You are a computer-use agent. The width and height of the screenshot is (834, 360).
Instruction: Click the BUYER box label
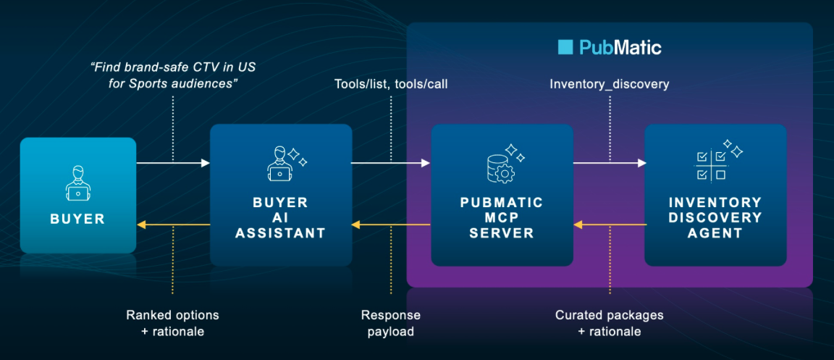[77, 219]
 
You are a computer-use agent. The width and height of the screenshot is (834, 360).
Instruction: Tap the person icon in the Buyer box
[77, 183]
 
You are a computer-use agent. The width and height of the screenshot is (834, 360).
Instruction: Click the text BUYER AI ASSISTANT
[281, 217]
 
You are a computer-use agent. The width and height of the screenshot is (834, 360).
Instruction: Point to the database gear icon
[500, 166]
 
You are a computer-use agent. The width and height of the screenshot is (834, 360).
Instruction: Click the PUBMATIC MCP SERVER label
[502, 217]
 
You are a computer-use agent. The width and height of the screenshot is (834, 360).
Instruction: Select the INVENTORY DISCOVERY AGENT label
[715, 217]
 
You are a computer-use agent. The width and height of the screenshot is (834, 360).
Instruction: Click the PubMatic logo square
[565, 48]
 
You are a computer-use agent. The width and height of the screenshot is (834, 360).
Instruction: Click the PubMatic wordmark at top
[620, 48]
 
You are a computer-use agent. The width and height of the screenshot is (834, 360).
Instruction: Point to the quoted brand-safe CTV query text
[173, 75]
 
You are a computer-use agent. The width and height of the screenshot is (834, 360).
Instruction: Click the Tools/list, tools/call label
[391, 84]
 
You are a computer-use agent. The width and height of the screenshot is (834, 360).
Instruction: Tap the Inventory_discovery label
[610, 84]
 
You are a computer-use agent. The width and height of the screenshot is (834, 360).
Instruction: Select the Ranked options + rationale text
[172, 323]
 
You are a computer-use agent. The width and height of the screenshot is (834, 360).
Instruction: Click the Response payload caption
[391, 323]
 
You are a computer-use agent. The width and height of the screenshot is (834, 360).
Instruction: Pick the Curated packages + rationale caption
[610, 323]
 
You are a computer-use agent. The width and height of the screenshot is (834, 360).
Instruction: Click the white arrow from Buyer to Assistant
[173, 163]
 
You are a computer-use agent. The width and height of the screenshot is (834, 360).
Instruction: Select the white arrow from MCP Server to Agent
[609, 163]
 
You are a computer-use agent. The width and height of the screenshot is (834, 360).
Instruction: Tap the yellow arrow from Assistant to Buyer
[173, 225]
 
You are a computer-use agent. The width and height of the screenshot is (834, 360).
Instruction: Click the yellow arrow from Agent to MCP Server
[609, 225]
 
